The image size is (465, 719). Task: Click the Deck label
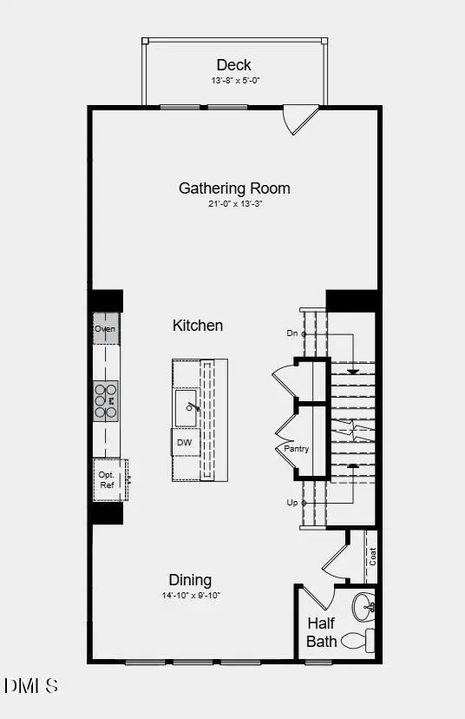click(x=233, y=64)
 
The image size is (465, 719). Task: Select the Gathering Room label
click(x=234, y=188)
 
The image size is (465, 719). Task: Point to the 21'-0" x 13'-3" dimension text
click(x=234, y=204)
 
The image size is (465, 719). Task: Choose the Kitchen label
click(x=198, y=326)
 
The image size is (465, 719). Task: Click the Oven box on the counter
click(x=105, y=329)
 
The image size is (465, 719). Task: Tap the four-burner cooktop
click(x=106, y=401)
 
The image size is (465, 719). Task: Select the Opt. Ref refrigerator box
click(x=107, y=480)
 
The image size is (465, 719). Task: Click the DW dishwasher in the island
click(x=184, y=442)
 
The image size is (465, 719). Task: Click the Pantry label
click(x=297, y=449)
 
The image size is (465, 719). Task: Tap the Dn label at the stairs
click(x=291, y=333)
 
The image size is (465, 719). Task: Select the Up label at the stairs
click(x=291, y=503)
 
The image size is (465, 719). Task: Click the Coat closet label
click(x=372, y=557)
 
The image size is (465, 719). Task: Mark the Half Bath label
click(x=321, y=633)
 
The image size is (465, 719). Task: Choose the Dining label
click(x=189, y=580)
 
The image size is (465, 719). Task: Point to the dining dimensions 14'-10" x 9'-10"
click(x=189, y=596)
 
